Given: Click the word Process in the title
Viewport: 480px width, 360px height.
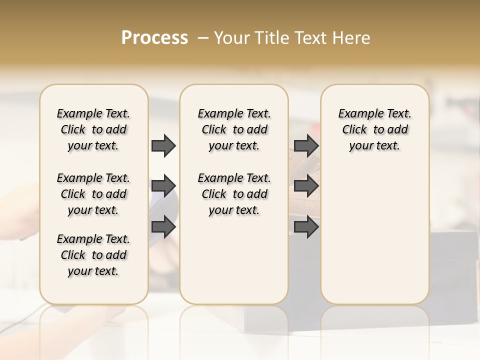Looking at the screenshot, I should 154,38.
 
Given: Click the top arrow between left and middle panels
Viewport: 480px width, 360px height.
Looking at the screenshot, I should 163,145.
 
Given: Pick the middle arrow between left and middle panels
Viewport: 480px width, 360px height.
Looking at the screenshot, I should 163,186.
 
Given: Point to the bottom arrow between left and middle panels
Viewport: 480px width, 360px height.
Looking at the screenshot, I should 163,227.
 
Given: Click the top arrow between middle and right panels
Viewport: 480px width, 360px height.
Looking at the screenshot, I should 306,145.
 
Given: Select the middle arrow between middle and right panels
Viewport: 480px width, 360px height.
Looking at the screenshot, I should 306,186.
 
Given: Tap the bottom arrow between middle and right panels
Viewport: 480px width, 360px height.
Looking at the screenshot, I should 306,227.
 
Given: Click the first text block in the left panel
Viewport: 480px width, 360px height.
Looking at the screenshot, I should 93,129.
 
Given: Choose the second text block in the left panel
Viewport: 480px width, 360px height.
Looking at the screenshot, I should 93,194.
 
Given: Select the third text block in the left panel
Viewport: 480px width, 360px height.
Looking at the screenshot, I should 93,255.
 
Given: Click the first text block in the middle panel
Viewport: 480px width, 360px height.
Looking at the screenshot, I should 234,129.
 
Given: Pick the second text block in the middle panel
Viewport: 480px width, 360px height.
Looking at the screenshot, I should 234,194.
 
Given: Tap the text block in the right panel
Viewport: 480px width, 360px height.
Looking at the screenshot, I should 374,129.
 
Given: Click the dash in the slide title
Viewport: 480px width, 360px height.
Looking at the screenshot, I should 202,38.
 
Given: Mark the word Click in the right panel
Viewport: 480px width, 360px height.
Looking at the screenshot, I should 354,130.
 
